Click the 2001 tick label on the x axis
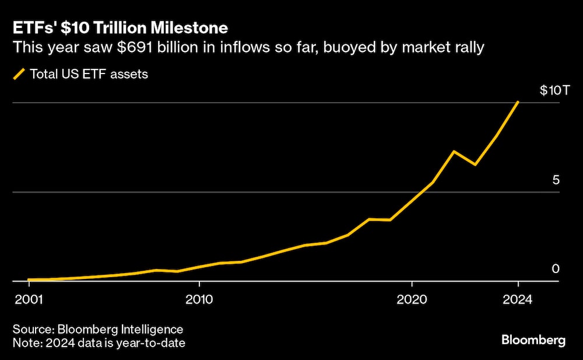pos(29,299)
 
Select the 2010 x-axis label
pos(199,299)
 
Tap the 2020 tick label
pos(412,299)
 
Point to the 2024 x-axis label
pos(518,299)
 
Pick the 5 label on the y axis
pos(556,180)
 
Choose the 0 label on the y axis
pos(556,269)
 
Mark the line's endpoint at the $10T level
pos(518,102)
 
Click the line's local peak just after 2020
pos(454,152)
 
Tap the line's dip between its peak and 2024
pos(475,165)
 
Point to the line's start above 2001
pos(29,280)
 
